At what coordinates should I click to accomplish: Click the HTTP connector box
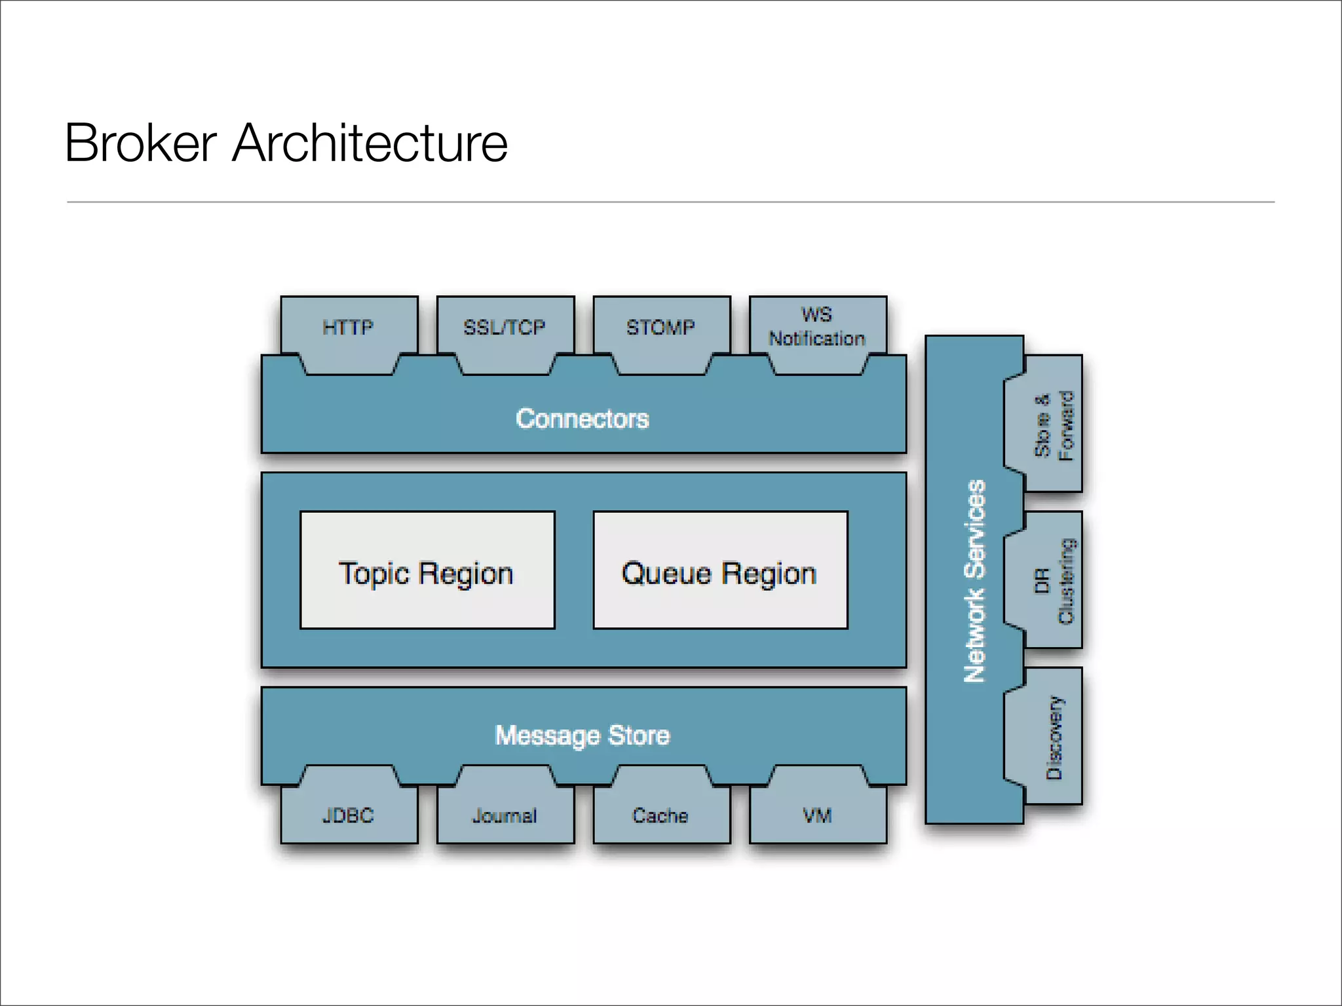pyautogui.click(x=349, y=327)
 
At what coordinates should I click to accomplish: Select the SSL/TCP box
pyautogui.click(x=505, y=327)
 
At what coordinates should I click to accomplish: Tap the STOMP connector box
pyautogui.click(x=661, y=327)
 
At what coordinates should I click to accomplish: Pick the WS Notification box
pyautogui.click(x=817, y=327)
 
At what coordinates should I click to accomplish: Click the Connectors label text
pyautogui.click(x=582, y=419)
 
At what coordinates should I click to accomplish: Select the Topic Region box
pyautogui.click(x=427, y=570)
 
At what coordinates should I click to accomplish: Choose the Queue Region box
pyautogui.click(x=719, y=570)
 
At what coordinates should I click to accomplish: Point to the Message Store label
pyautogui.click(x=582, y=736)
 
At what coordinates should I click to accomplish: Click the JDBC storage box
pyautogui.click(x=349, y=815)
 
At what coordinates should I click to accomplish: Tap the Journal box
pyautogui.click(x=505, y=815)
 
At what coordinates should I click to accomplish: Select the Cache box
pyautogui.click(x=661, y=815)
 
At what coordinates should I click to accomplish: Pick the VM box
pyautogui.click(x=817, y=815)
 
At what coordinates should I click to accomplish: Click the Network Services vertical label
pyautogui.click(x=974, y=581)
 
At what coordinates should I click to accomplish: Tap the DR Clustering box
pyautogui.click(x=1053, y=581)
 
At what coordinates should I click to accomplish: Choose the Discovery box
pyautogui.click(x=1053, y=737)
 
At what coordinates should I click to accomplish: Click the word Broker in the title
pyautogui.click(x=140, y=143)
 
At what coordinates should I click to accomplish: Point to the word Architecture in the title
pyautogui.click(x=370, y=143)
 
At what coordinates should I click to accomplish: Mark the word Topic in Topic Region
pyautogui.click(x=374, y=574)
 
